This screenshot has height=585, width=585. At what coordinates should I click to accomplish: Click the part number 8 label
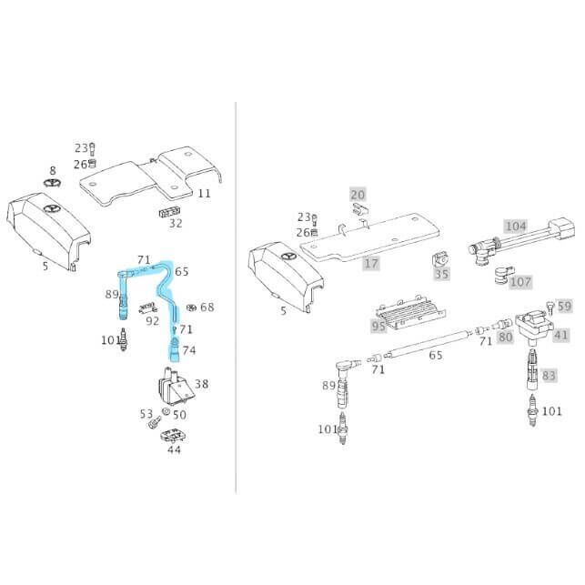click(x=52, y=170)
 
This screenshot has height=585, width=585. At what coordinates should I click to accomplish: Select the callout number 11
click(x=204, y=193)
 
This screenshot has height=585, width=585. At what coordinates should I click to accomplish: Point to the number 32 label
click(x=176, y=223)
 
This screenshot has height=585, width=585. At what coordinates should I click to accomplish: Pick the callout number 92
click(x=153, y=320)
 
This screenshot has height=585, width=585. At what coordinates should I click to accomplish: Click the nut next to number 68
click(x=193, y=307)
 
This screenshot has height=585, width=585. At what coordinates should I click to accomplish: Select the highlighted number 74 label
click(x=188, y=350)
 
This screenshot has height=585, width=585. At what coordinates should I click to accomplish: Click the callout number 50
click(x=179, y=415)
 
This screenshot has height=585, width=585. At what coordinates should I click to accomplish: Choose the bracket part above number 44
click(x=172, y=437)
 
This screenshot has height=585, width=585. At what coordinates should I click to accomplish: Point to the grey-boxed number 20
click(x=358, y=195)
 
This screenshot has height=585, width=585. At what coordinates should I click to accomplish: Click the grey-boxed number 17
click(x=371, y=264)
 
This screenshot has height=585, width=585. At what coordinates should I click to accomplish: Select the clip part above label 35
click(x=440, y=258)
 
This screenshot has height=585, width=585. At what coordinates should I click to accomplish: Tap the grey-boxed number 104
click(x=516, y=226)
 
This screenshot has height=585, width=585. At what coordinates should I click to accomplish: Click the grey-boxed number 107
click(x=520, y=282)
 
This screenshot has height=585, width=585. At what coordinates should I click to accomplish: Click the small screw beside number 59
click(x=549, y=305)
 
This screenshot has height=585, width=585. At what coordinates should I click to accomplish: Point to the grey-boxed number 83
click(x=549, y=375)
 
